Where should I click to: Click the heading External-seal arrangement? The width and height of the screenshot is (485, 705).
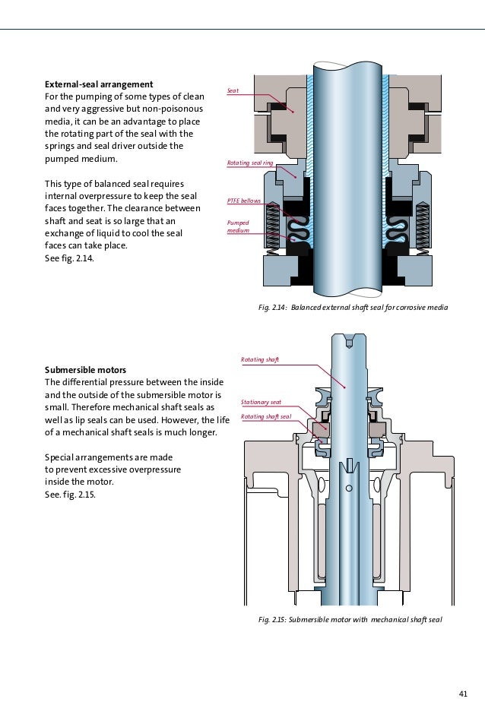(99, 84)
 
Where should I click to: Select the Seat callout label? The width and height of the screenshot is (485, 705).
(234, 90)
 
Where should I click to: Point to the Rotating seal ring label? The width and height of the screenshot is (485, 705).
(250, 163)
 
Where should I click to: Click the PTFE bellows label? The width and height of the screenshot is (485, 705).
(244, 201)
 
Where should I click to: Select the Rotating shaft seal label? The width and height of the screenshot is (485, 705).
(266, 416)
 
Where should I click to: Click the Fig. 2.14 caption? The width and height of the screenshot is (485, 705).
(353, 308)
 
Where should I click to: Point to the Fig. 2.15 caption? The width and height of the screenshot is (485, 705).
(350, 620)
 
